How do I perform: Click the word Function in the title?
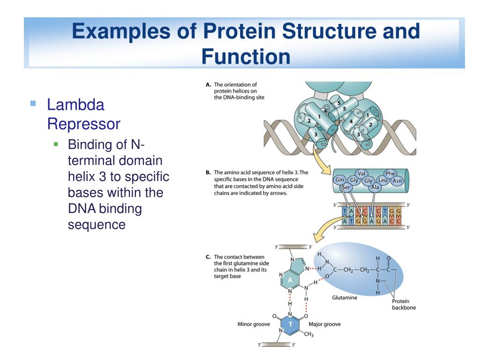246,57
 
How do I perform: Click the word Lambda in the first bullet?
75,105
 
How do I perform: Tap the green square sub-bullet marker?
56,144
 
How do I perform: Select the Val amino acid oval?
361,173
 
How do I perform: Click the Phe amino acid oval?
390,174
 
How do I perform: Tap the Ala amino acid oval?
375,187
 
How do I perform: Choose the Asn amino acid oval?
397,180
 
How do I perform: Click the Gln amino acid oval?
340,180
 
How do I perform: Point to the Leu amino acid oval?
382,180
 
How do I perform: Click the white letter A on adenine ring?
290,280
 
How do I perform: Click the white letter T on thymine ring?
291,324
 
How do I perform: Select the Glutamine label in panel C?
345,298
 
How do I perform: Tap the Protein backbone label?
404,305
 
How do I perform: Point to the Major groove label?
324,324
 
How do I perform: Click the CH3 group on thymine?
308,334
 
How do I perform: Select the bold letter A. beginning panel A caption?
208,85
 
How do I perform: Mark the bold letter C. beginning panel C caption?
208,257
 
